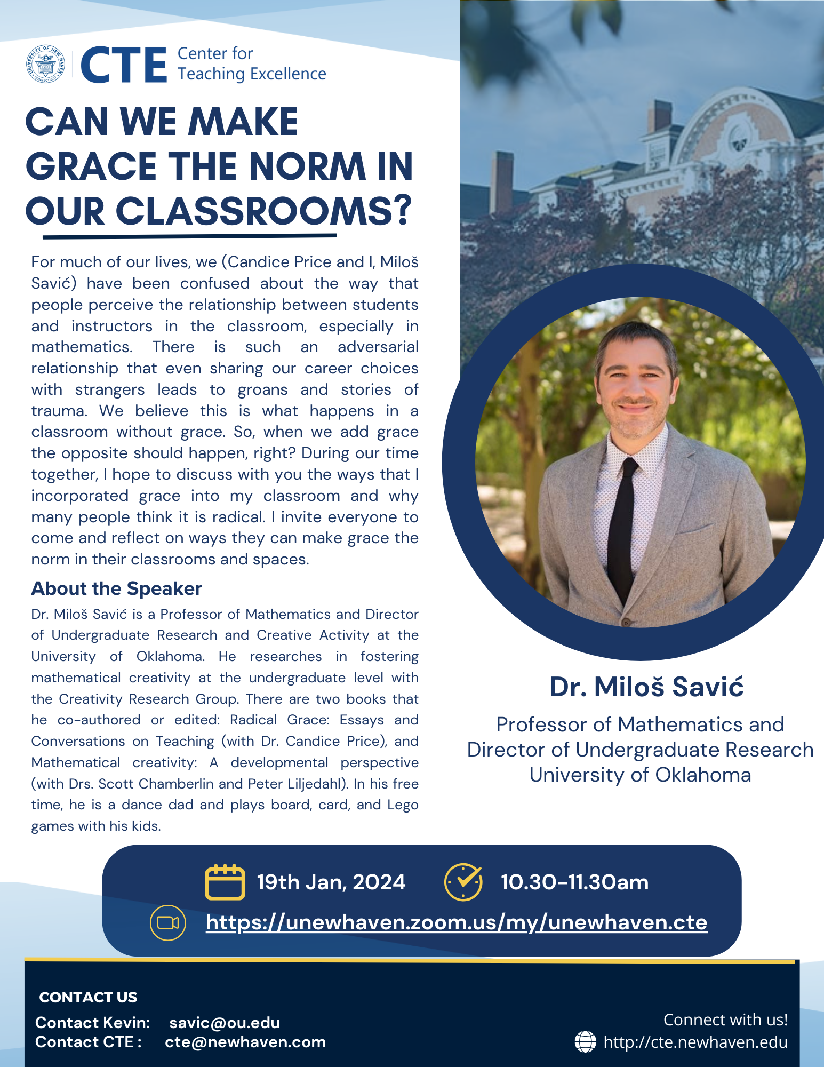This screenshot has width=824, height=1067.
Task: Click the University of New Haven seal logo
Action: coord(46,64)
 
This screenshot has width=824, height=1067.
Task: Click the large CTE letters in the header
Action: coord(124,65)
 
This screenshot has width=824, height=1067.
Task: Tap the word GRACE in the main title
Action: coord(91,166)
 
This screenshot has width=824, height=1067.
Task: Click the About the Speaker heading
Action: coord(116,588)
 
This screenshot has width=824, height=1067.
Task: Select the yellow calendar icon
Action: coord(225,882)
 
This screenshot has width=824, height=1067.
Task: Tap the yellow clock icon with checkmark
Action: coord(463,882)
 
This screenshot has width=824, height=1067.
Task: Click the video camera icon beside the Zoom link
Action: coord(168,923)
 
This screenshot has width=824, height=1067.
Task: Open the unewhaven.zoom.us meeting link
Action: coord(457,922)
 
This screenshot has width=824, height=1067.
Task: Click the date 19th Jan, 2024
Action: coord(331,882)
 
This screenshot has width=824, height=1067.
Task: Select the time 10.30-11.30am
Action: coord(574,882)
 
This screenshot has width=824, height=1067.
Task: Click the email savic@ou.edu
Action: coord(225,1023)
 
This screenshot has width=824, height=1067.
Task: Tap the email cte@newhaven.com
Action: coord(245,1042)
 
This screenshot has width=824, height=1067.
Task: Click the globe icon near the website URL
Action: coord(585,1042)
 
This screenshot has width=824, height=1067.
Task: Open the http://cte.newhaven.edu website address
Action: coord(695,1042)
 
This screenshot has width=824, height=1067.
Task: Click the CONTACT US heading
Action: coord(88,997)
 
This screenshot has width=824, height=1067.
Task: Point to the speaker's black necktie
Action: coord(622,528)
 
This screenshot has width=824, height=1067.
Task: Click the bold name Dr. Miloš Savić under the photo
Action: coord(646,687)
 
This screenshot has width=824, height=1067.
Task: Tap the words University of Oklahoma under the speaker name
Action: coord(640,775)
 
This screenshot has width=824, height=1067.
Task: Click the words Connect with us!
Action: coord(725,1020)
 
